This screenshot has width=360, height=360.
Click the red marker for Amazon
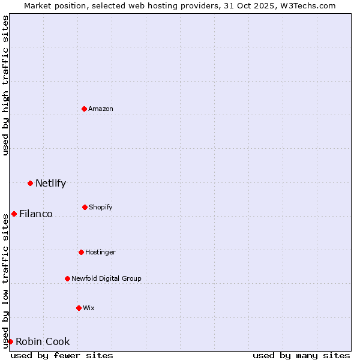point(85,109)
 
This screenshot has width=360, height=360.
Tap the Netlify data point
point(30,183)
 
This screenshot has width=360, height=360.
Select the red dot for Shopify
point(85,207)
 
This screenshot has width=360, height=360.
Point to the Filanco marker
point(14,214)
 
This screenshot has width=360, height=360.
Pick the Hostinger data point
point(81,252)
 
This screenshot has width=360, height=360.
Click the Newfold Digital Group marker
point(67,278)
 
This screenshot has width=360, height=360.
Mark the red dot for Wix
point(79,308)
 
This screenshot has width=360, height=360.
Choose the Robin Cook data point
point(10,341)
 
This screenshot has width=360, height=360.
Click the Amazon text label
point(101,109)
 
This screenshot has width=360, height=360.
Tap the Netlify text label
point(50,183)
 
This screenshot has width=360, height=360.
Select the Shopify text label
point(101,207)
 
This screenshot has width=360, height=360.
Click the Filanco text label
point(36,214)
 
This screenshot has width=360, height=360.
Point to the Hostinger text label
point(100,252)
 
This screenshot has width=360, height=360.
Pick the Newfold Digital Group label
point(106,278)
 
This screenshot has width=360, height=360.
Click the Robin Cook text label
point(43,341)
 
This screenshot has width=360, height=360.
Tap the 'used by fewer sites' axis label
point(62,355)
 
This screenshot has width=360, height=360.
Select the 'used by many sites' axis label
point(301,355)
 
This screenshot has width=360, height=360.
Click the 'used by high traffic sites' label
point(5,85)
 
